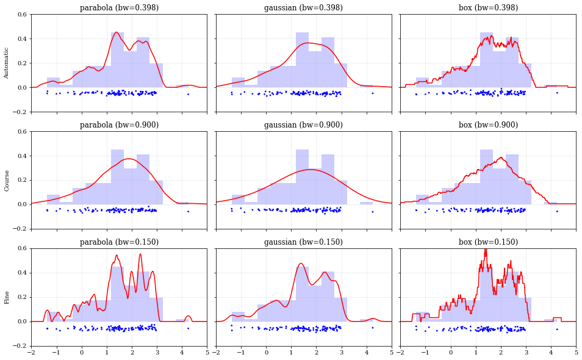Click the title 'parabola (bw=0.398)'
(119, 8)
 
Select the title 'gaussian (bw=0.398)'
(303, 8)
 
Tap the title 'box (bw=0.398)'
(488, 8)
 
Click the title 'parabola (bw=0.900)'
(119, 125)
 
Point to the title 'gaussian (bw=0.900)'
(303, 125)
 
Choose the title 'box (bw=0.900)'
(488, 125)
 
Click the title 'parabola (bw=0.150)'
(119, 242)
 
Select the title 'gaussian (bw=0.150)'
(303, 242)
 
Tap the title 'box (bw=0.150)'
(488, 242)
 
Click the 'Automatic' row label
(7, 63)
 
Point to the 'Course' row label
(7, 180)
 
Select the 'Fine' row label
(7, 297)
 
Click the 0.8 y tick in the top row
(21, 14)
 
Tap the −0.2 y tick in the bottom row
(20, 346)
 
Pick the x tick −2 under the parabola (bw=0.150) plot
(31, 353)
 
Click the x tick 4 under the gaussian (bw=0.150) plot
(367, 353)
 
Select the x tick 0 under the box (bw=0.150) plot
(451, 353)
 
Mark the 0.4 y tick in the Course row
(21, 156)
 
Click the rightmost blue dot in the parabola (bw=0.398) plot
(188, 94)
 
